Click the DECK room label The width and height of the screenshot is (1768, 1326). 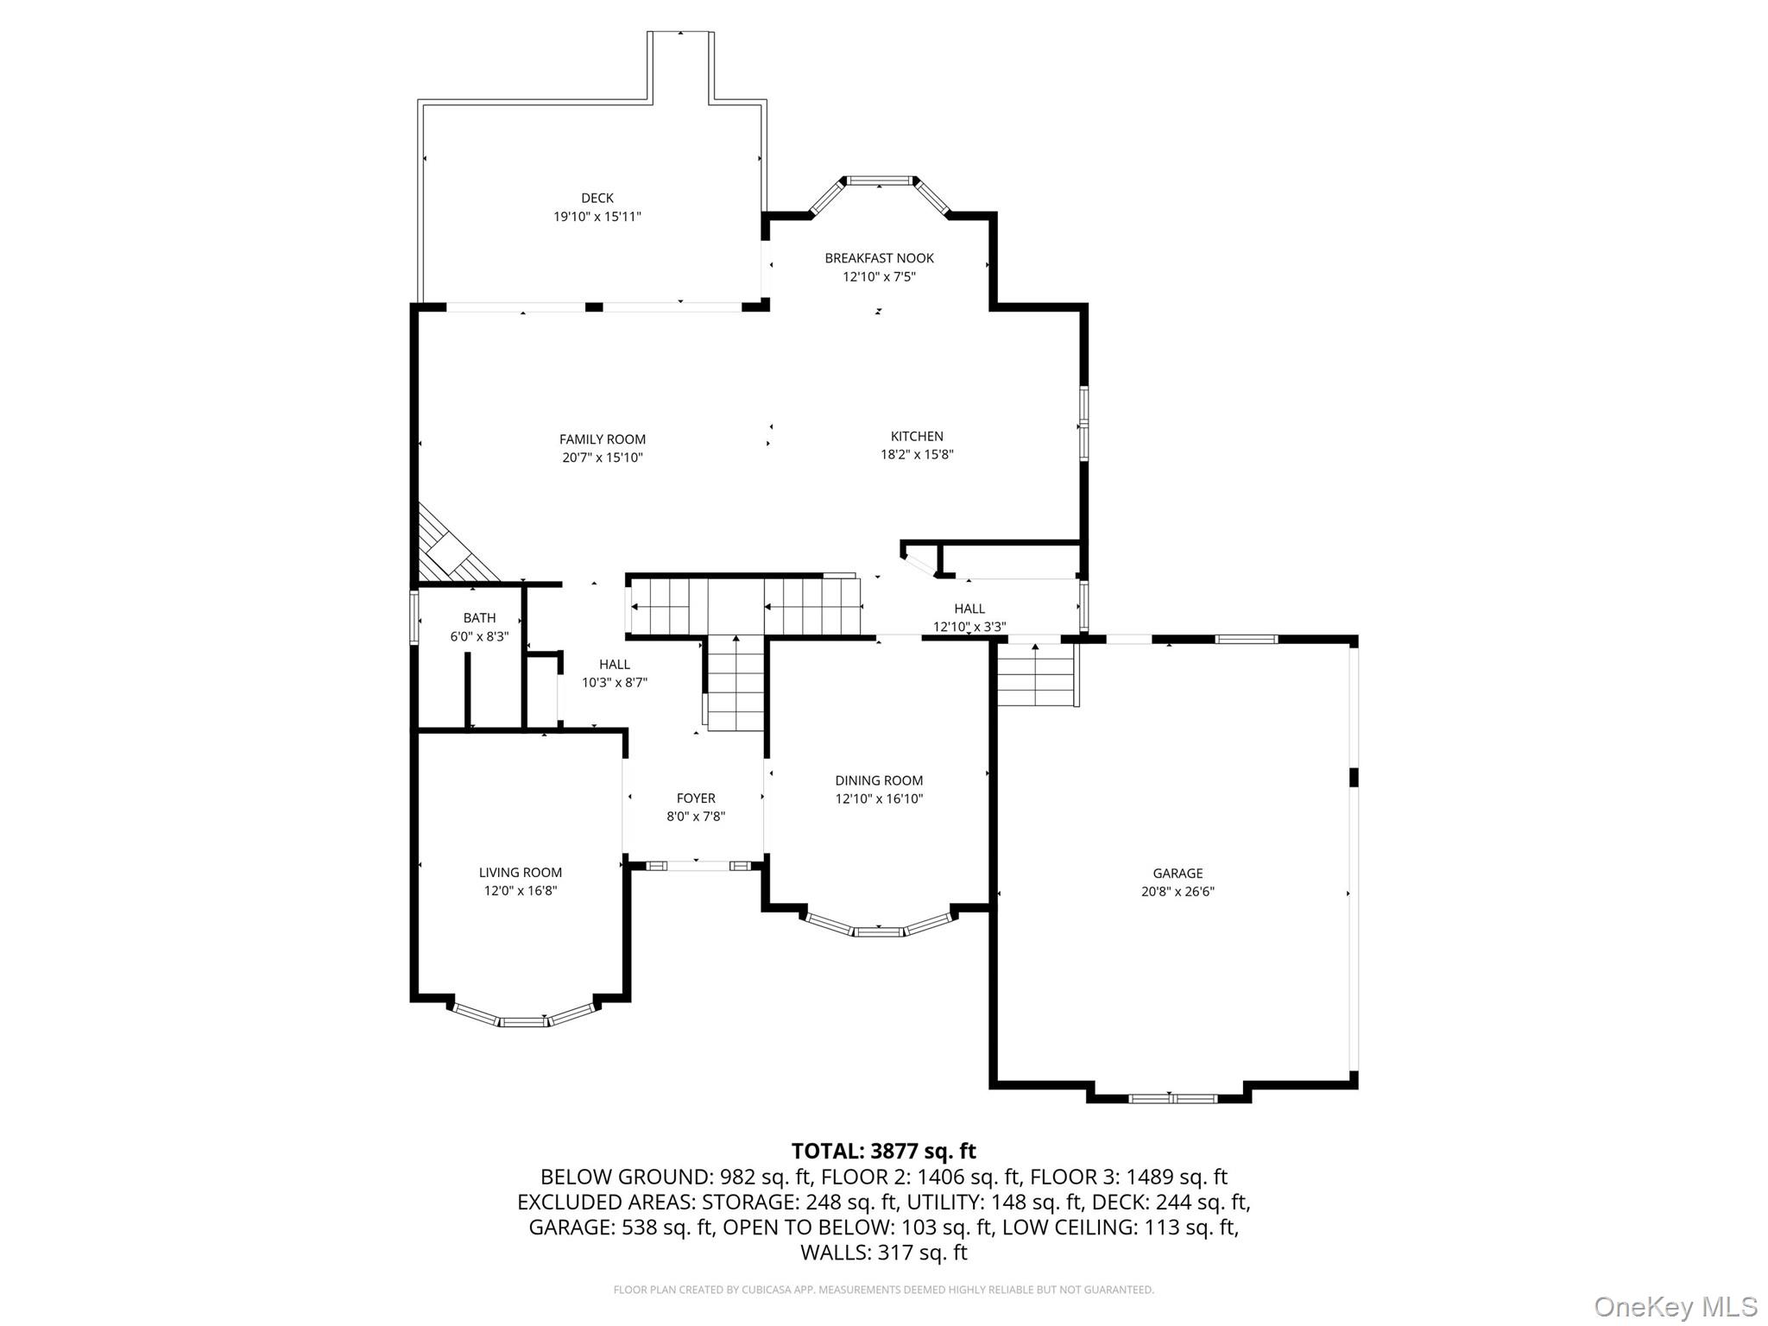pyautogui.click(x=597, y=198)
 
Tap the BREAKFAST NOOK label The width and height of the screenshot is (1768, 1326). pyautogui.click(x=879, y=258)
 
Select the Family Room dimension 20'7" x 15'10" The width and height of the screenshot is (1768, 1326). pyautogui.click(x=602, y=458)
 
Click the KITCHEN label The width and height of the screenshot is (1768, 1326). pyautogui.click(x=917, y=436)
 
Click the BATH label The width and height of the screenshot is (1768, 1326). pyautogui.click(x=479, y=618)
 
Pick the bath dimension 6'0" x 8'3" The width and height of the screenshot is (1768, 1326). pyautogui.click(x=479, y=636)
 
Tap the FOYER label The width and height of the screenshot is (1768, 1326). pyautogui.click(x=696, y=799)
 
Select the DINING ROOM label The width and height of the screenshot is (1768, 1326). pyautogui.click(x=879, y=780)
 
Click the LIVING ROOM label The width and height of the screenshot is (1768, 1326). pyautogui.click(x=521, y=873)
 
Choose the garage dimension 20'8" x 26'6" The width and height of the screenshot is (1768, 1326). pyautogui.click(x=1178, y=892)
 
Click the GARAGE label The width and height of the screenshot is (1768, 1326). pyautogui.click(x=1178, y=874)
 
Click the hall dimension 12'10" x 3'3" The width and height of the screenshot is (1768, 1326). pyautogui.click(x=969, y=627)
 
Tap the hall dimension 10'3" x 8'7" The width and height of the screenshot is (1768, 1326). pyautogui.click(x=614, y=682)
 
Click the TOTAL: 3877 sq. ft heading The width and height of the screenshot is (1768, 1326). pyautogui.click(x=883, y=1151)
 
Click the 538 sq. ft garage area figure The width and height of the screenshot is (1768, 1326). pyautogui.click(x=667, y=1227)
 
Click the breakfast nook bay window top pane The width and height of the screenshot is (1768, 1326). pyautogui.click(x=879, y=180)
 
